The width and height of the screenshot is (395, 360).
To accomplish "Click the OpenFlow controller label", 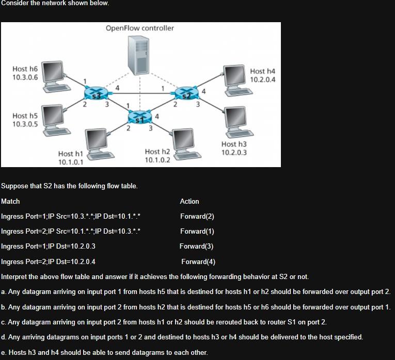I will [140, 28].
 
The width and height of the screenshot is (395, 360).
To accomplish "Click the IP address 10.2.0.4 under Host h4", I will [263, 79].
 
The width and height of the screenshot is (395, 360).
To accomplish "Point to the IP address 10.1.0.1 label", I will [71, 161].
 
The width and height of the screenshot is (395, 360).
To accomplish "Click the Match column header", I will [11, 201].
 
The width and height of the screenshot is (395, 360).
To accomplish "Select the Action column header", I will [189, 201].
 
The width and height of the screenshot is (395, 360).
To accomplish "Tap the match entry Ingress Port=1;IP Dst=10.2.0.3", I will [49, 246].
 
